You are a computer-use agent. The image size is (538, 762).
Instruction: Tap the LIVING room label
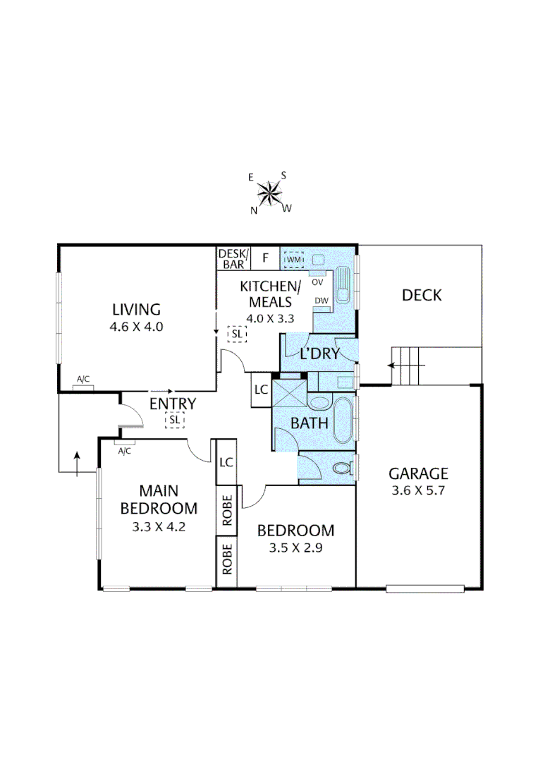coord(136,309)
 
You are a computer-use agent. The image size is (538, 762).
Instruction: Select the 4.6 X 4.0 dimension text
coord(136,327)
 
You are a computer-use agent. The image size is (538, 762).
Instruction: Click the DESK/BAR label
coord(233,259)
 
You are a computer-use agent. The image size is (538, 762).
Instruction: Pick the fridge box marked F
coord(266,258)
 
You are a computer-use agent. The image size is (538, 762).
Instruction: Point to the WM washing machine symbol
coord(293,260)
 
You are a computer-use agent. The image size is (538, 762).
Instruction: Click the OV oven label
coord(317,282)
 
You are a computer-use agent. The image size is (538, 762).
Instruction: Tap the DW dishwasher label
coord(321,301)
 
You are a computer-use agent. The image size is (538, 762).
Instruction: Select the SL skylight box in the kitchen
coord(237,333)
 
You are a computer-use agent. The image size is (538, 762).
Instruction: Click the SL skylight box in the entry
coord(174,421)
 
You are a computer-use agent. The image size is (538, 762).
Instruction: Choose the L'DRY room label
coord(319,353)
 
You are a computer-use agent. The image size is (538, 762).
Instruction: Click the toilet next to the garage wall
coord(343,467)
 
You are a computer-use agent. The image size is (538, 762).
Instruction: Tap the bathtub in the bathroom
coord(342,422)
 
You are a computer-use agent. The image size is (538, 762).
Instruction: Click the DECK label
coord(422,295)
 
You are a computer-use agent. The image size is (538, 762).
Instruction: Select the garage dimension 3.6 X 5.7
coord(420,490)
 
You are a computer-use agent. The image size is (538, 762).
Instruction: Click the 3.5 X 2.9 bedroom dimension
coord(295,548)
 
